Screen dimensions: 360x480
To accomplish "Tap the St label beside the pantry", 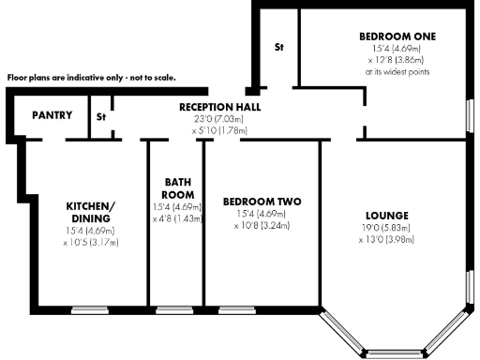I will pyautogui.click(x=101, y=117).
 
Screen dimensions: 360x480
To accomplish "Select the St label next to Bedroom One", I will pyautogui.click(x=278, y=46).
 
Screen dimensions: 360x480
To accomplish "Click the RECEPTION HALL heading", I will pyautogui.click(x=220, y=108).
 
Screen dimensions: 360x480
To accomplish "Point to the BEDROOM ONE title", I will pyautogui.click(x=397, y=37).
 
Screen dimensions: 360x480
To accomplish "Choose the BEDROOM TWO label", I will pyautogui.click(x=262, y=202).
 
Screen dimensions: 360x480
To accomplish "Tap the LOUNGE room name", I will pyautogui.click(x=386, y=216).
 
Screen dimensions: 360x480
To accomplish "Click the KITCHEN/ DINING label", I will pyautogui.click(x=90, y=212).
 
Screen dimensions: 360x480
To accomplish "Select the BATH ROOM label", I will pyautogui.click(x=178, y=188).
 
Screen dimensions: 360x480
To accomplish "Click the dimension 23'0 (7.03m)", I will pyautogui.click(x=220, y=120).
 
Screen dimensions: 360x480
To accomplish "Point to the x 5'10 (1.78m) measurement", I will pyautogui.click(x=220, y=131).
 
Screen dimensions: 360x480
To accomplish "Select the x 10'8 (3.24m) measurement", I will pyautogui.click(x=262, y=226).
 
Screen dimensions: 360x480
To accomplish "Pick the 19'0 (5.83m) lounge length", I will pyautogui.click(x=386, y=228).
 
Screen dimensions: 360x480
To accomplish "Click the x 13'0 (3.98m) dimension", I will pyautogui.click(x=386, y=240).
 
